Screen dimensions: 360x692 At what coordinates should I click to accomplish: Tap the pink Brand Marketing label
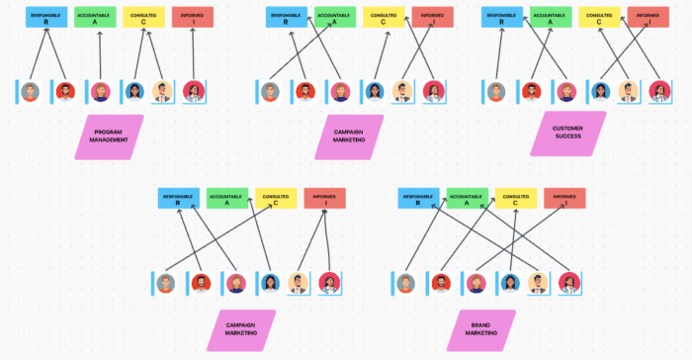481,330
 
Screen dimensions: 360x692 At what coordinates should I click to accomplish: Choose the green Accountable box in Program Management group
95,17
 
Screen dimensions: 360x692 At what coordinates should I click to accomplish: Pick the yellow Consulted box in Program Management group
143,17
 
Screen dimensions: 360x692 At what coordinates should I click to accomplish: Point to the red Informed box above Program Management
192,17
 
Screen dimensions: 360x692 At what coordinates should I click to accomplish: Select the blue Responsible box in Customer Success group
503,17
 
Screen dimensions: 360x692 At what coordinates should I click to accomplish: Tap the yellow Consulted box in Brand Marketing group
516,198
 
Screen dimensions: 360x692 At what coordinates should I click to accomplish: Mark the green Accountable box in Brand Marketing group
467,198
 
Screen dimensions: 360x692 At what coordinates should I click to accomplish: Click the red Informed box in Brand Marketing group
564,198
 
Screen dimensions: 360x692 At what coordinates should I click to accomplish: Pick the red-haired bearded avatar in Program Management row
65,92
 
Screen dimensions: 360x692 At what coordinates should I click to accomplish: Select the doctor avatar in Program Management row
193,92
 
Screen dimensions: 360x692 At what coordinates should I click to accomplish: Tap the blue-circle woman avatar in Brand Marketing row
509,284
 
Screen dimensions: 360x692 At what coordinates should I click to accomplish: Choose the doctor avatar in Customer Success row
659,92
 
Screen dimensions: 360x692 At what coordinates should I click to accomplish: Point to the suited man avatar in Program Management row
163,92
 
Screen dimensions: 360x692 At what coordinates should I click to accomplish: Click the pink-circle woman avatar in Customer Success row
565,92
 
